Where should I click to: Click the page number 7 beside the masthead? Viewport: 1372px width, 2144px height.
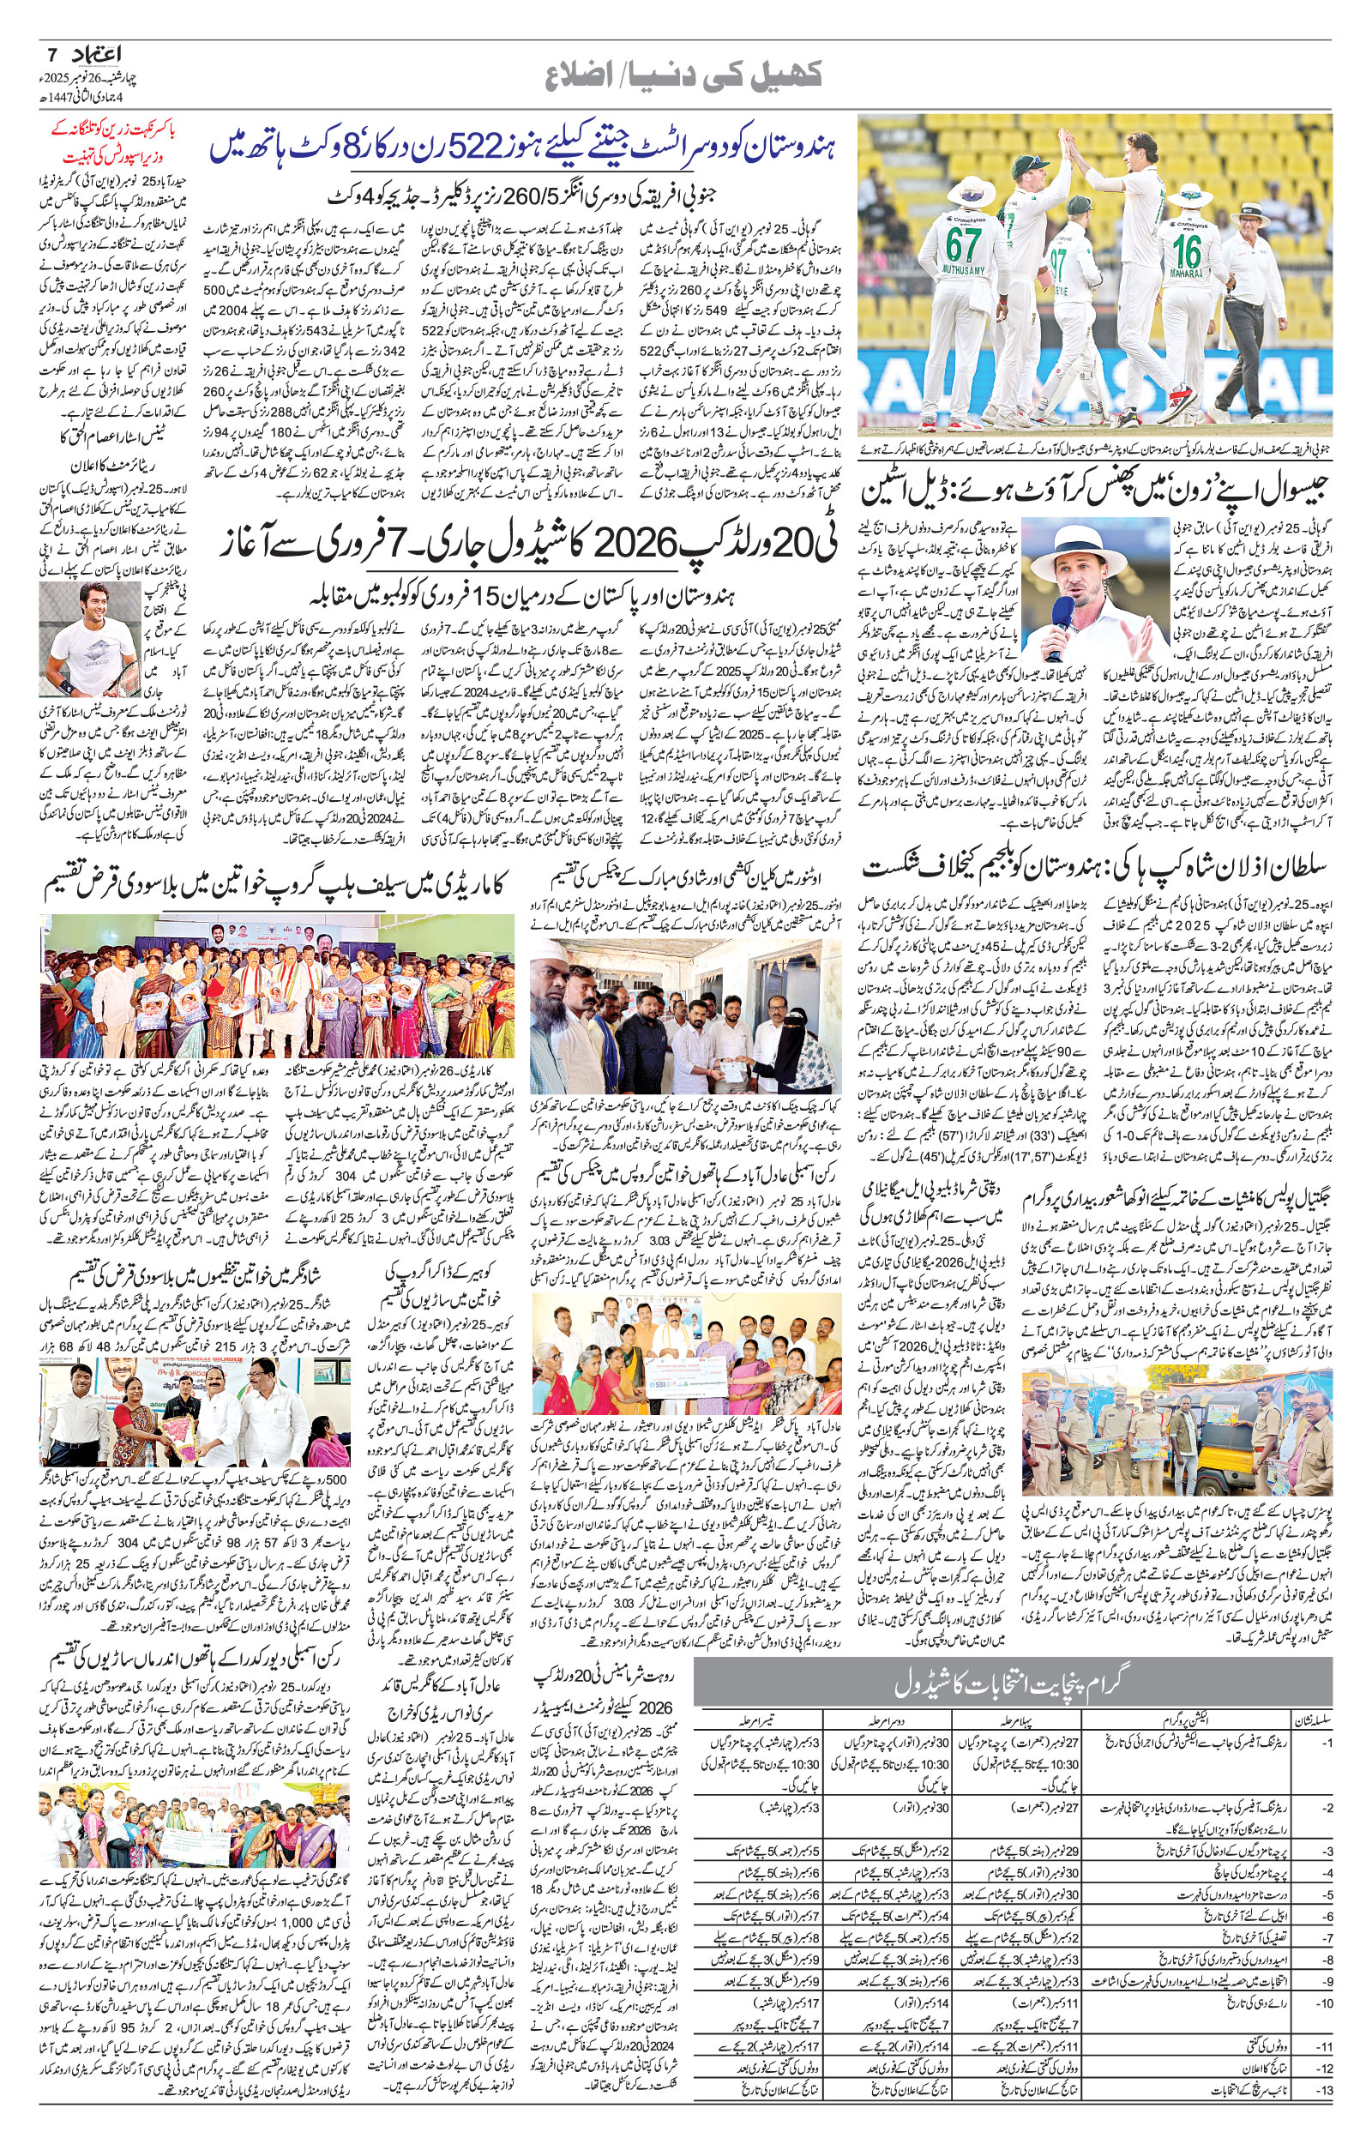coord(51,51)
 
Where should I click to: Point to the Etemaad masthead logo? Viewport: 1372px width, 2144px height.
coord(96,53)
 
